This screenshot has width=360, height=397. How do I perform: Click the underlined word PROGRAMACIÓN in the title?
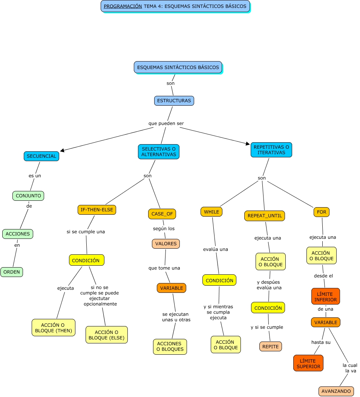point(123,6)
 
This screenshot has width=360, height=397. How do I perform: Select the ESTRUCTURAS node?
point(174,101)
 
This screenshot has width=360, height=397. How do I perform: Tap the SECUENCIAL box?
point(41,156)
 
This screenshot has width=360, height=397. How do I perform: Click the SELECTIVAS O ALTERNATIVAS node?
point(158,152)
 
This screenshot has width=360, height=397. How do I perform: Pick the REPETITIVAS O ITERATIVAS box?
point(271,150)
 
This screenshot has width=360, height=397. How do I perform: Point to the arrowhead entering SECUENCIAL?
point(62,151)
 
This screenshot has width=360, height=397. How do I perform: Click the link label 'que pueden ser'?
point(166,123)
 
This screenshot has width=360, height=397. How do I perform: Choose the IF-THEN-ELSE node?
point(97,210)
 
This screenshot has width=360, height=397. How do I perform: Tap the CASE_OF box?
point(162,214)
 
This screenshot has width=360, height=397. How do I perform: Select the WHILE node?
point(211,212)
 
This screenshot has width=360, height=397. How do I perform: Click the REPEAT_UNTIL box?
point(264,216)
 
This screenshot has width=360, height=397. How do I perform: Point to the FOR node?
point(322,212)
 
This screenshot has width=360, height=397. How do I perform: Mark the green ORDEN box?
point(12,272)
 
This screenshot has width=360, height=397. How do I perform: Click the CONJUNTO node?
point(28,196)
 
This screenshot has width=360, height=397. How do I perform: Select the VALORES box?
point(166,244)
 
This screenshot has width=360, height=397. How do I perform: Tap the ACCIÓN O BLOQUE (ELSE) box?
point(107,335)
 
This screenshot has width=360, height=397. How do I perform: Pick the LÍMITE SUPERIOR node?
point(308,363)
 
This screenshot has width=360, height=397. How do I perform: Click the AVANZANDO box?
point(336,391)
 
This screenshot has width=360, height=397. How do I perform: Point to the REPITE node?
point(270,346)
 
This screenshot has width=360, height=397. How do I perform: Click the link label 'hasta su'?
point(321,342)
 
